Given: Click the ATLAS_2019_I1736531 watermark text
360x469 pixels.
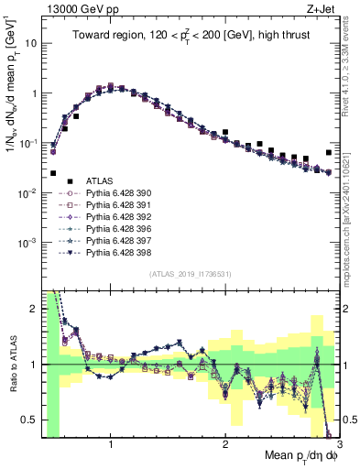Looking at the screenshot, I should click(x=190, y=275).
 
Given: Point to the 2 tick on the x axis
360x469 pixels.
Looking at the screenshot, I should click(x=225, y=444).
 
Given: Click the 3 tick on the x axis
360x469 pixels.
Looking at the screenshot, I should click(x=339, y=444).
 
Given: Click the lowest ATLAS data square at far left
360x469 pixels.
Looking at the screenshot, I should click(x=53, y=173).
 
